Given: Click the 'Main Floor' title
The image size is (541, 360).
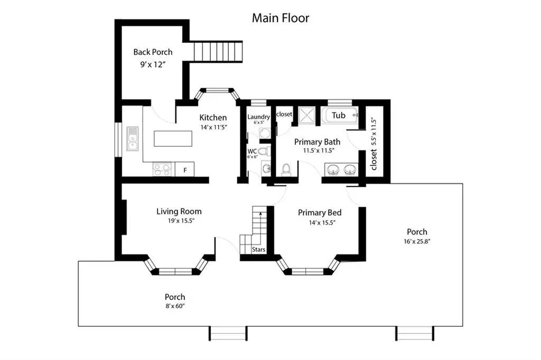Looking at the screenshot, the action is click(x=280, y=18).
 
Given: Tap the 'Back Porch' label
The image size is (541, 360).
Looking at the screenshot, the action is click(x=153, y=52).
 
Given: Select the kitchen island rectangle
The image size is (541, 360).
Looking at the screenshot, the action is click(x=173, y=139).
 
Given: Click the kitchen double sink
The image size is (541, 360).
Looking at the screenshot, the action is click(x=133, y=139).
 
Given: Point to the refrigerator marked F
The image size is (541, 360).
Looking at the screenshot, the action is click(x=185, y=169).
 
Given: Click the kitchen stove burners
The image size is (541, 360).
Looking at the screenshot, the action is click(x=162, y=169).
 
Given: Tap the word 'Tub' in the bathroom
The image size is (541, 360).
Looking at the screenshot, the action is click(x=339, y=115).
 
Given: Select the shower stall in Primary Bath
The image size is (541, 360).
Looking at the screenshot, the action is click(x=307, y=115).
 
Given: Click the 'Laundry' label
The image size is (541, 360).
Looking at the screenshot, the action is click(x=258, y=117).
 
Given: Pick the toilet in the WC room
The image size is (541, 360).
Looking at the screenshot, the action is click(x=264, y=150).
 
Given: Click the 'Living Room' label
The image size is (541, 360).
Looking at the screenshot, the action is click(x=179, y=211).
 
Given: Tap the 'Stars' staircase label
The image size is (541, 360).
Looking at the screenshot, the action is click(x=258, y=249).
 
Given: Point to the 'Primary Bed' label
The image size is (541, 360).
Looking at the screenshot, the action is click(x=320, y=212).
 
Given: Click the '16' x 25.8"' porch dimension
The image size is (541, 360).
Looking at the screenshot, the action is click(x=417, y=241).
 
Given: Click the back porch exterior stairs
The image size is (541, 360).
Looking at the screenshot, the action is click(x=218, y=52).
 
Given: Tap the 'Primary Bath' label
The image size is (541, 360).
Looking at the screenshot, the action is click(x=317, y=141).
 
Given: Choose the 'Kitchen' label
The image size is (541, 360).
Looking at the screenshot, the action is click(x=213, y=118).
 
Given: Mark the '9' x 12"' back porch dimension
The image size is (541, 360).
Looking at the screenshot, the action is click(x=153, y=64).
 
